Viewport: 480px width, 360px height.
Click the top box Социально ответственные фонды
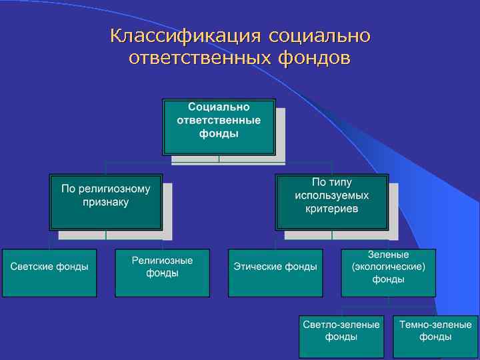(x=219, y=127)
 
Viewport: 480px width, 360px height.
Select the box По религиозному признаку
(x=106, y=201)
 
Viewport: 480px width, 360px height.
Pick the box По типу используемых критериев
(x=331, y=201)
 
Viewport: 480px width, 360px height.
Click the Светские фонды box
(x=49, y=273)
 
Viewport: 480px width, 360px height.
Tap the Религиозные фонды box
(x=163, y=273)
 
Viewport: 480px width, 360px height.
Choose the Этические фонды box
(x=275, y=273)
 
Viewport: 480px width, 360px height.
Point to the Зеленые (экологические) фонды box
(x=389, y=273)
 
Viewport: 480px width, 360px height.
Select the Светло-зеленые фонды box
(x=341, y=337)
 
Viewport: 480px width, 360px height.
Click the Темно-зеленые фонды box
(x=435, y=337)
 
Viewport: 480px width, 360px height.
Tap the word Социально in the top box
(x=219, y=107)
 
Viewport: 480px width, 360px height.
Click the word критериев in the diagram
(x=331, y=209)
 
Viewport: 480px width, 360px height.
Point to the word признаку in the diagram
(x=106, y=202)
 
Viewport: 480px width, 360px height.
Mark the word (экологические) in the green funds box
(x=389, y=267)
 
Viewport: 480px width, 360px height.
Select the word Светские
(x=31, y=267)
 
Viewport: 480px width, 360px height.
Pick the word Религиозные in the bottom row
(x=163, y=261)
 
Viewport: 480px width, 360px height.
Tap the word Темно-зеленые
(x=435, y=325)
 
